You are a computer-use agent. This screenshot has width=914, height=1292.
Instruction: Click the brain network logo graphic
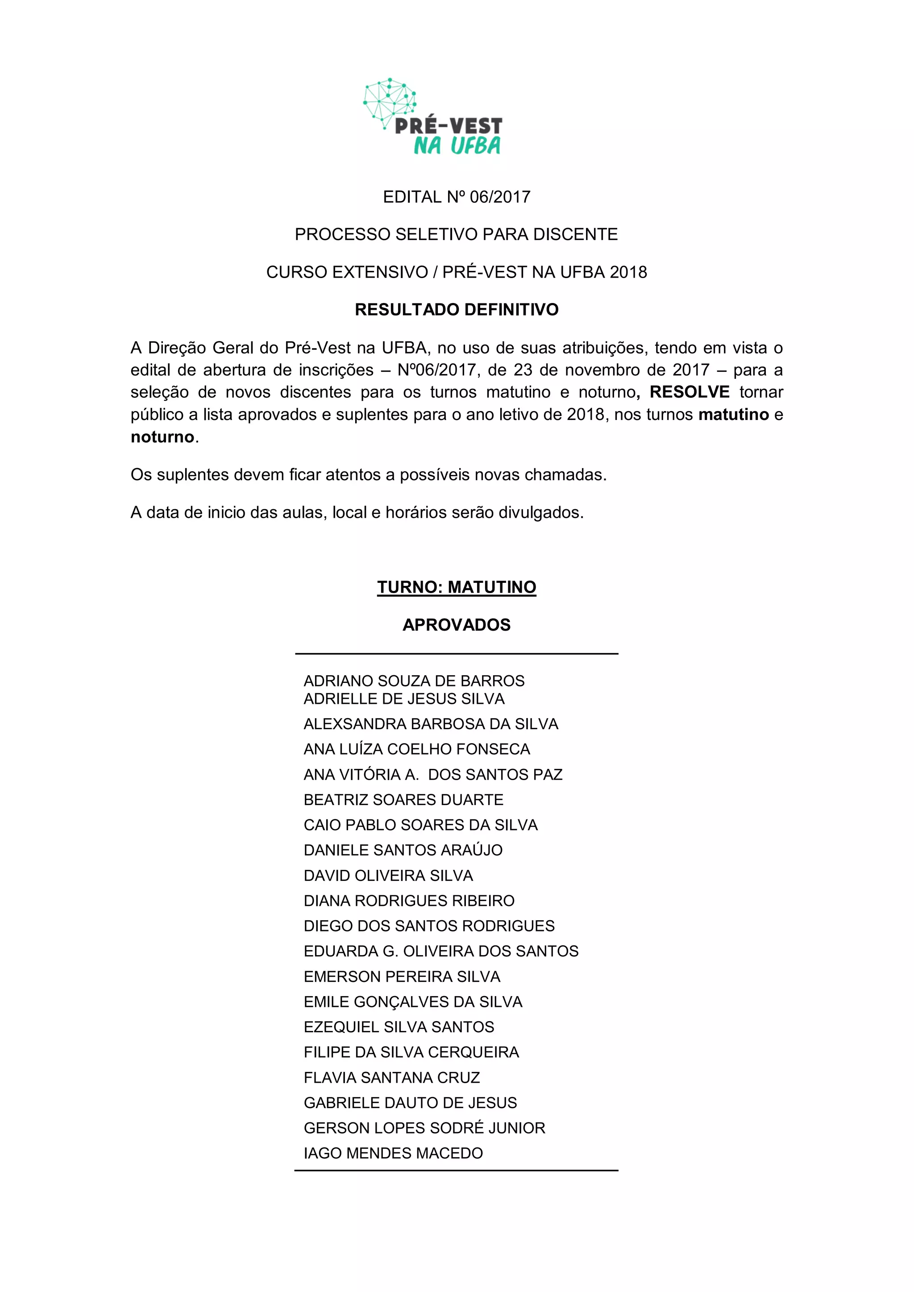pos(389,102)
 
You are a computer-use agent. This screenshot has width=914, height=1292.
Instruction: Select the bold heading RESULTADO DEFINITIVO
pos(457,309)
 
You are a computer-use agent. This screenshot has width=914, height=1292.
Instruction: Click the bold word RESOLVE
pos(690,392)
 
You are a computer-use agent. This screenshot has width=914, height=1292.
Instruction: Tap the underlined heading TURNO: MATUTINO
pos(457,587)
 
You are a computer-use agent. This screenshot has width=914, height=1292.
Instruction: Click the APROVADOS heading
pos(457,625)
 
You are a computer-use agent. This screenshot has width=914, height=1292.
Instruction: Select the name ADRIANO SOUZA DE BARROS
pos(414,681)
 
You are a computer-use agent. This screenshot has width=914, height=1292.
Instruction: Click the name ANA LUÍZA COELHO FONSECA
pos(416,749)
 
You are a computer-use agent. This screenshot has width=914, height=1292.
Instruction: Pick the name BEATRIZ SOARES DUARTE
pos(403,800)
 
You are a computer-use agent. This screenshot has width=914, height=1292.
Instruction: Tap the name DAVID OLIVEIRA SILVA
pos(388,876)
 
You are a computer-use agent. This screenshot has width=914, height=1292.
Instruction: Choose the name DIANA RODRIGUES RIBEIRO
pos(409,901)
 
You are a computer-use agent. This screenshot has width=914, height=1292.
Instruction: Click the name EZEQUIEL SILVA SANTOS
pos(399,1027)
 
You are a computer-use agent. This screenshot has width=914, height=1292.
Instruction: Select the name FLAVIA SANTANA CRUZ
pos(392,1078)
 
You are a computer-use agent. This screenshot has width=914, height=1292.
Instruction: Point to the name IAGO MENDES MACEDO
pos(393,1154)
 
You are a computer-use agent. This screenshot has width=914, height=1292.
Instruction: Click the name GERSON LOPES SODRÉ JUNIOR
pos(424,1128)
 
